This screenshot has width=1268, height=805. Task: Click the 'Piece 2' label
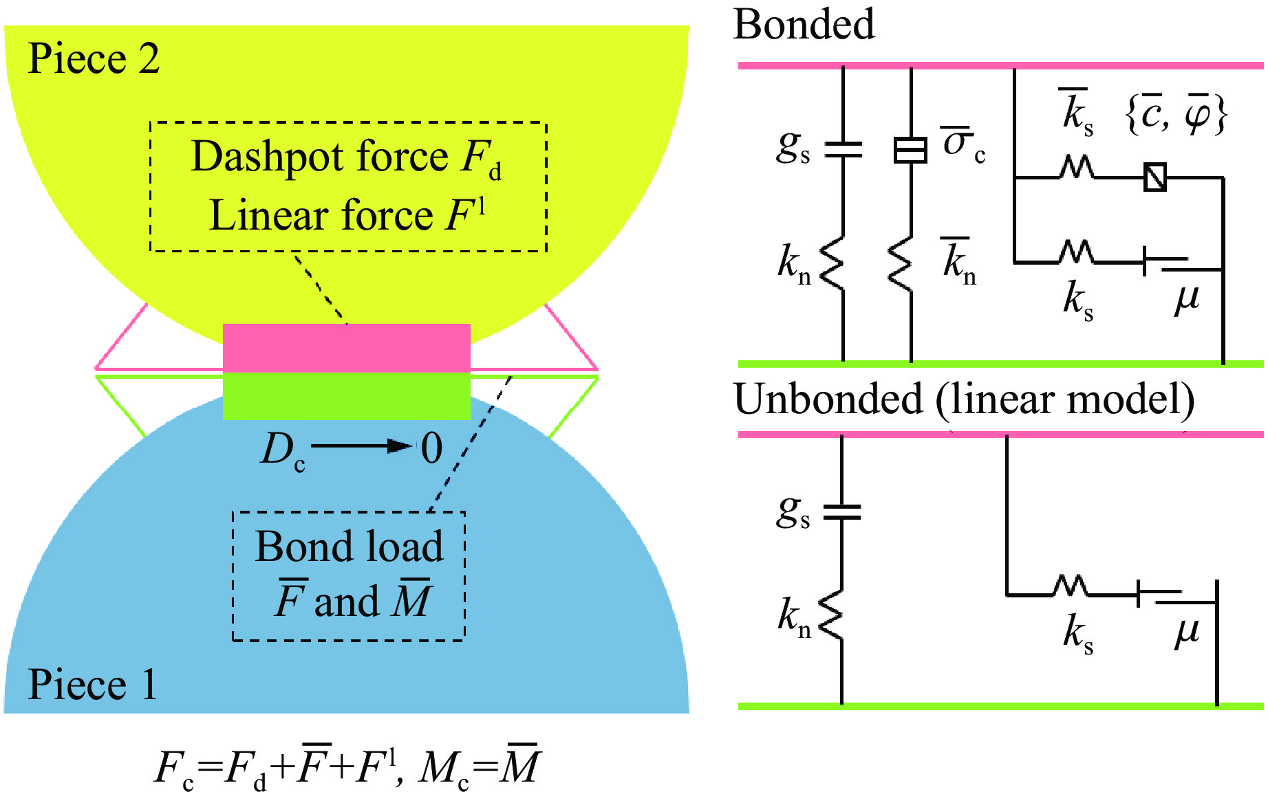[94, 58]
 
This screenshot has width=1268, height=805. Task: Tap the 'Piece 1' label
[92, 685]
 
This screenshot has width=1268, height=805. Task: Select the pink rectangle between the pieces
[346, 348]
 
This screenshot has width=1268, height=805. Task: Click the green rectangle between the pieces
[346, 396]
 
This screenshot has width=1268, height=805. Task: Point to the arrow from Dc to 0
[361, 447]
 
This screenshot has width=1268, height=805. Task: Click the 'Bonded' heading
[804, 25]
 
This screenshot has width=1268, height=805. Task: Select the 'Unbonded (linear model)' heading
[964, 399]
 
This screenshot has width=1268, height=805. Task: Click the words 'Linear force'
[321, 216]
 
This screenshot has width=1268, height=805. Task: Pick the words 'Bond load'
[349, 547]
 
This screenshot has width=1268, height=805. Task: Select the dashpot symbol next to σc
[910, 150]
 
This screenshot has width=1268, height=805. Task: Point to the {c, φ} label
[1176, 114]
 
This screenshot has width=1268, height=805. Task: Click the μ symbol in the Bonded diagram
[1187, 298]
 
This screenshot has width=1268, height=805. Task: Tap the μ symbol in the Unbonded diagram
[1187, 631]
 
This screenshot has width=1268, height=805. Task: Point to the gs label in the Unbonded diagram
[793, 511]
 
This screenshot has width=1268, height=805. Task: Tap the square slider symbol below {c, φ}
[1154, 177]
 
